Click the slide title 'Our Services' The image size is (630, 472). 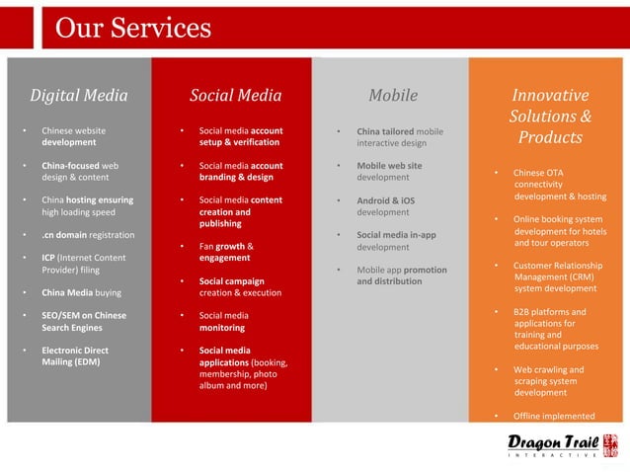132,27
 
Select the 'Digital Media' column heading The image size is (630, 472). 79,96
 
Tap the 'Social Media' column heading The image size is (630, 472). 235,96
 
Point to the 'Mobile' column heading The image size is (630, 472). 392,96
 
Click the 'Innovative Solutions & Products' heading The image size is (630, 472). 550,116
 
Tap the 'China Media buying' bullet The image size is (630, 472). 81,292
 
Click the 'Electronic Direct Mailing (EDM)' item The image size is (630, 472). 75,355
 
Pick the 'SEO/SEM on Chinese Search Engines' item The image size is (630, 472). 83,321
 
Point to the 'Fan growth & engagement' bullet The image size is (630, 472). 227,252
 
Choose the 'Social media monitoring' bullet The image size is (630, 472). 223,321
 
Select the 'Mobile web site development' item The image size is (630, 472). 389,171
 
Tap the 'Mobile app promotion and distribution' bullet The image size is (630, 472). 401,275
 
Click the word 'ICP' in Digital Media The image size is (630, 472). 47,258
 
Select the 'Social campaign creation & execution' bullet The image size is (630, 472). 240,286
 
